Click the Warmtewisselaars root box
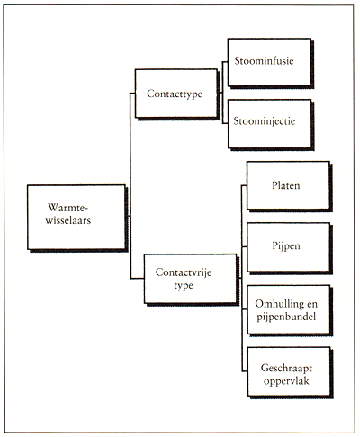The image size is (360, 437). tap(76, 217)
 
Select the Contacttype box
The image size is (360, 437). tap(176, 94)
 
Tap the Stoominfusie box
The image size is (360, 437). tap(269, 62)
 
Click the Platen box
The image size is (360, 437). tap(288, 185)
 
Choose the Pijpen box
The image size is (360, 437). tap(288, 247)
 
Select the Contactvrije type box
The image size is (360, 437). tap(190, 279)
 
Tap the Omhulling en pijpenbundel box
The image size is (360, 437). tap(289, 309)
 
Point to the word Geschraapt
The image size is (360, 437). tap(286, 369)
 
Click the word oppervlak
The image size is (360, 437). tap(286, 381)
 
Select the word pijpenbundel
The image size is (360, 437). tap(286, 317)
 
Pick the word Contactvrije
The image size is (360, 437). tap(184, 272)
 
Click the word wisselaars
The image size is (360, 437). tap(68, 220)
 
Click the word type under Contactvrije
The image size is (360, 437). tap(184, 286)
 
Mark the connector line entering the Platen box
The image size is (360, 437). tap(244, 186)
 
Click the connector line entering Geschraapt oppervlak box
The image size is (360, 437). tap(245, 371)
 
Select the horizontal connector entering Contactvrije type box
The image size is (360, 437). tap(137, 279)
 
